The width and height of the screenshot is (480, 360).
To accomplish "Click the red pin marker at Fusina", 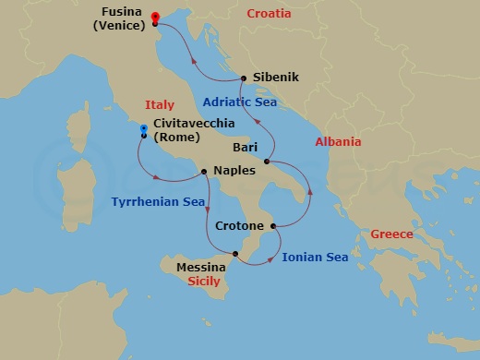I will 154,18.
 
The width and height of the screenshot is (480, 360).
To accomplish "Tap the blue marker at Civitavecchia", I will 144,129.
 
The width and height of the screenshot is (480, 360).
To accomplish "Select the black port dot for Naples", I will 204,171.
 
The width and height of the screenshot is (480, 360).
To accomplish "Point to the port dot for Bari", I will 267,162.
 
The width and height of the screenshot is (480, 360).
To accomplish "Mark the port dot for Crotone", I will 273,225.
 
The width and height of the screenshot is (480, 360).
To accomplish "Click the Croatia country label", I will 269,14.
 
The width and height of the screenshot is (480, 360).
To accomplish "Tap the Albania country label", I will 337,141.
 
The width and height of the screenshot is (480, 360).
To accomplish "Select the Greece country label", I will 391,234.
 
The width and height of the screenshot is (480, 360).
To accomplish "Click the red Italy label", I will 160,105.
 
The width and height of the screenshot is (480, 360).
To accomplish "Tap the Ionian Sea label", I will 315,258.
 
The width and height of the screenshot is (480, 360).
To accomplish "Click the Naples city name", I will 231,171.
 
